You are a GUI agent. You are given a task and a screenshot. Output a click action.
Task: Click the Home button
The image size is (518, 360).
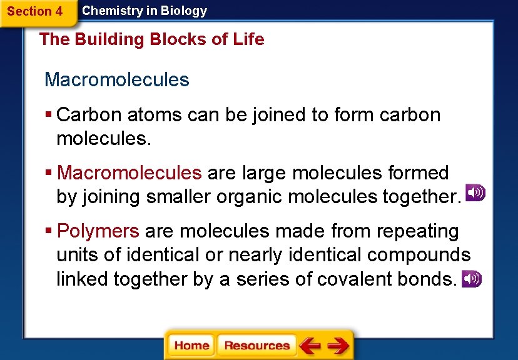tap(191, 346)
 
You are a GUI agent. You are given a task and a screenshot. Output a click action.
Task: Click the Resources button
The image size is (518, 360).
tap(256, 346)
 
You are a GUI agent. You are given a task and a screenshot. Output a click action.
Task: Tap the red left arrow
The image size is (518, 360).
tap(310, 346)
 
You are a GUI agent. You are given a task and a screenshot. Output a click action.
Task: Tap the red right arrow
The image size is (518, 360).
tap(338, 346)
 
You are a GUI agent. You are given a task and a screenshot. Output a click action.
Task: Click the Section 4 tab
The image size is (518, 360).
tap(35, 11)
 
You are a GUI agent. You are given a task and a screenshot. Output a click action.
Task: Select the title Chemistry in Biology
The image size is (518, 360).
tap(145, 11)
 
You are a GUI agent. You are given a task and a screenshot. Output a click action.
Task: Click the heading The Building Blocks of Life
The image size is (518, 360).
tap(151, 39)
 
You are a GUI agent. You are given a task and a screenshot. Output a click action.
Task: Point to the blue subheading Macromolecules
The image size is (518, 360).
tap(117, 80)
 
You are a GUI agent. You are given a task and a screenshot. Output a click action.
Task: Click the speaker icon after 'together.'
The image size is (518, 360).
tap(475, 193)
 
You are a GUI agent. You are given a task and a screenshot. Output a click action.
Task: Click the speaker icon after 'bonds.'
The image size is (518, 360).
tap(472, 279)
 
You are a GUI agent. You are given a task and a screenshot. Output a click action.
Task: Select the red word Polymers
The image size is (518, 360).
tap(98, 231)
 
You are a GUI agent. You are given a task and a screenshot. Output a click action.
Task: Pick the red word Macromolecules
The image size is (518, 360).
tap(129, 172)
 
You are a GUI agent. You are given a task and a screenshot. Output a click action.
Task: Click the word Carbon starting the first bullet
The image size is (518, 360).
tap(89, 115)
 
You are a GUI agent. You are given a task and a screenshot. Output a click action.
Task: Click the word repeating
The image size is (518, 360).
tap(418, 231)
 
